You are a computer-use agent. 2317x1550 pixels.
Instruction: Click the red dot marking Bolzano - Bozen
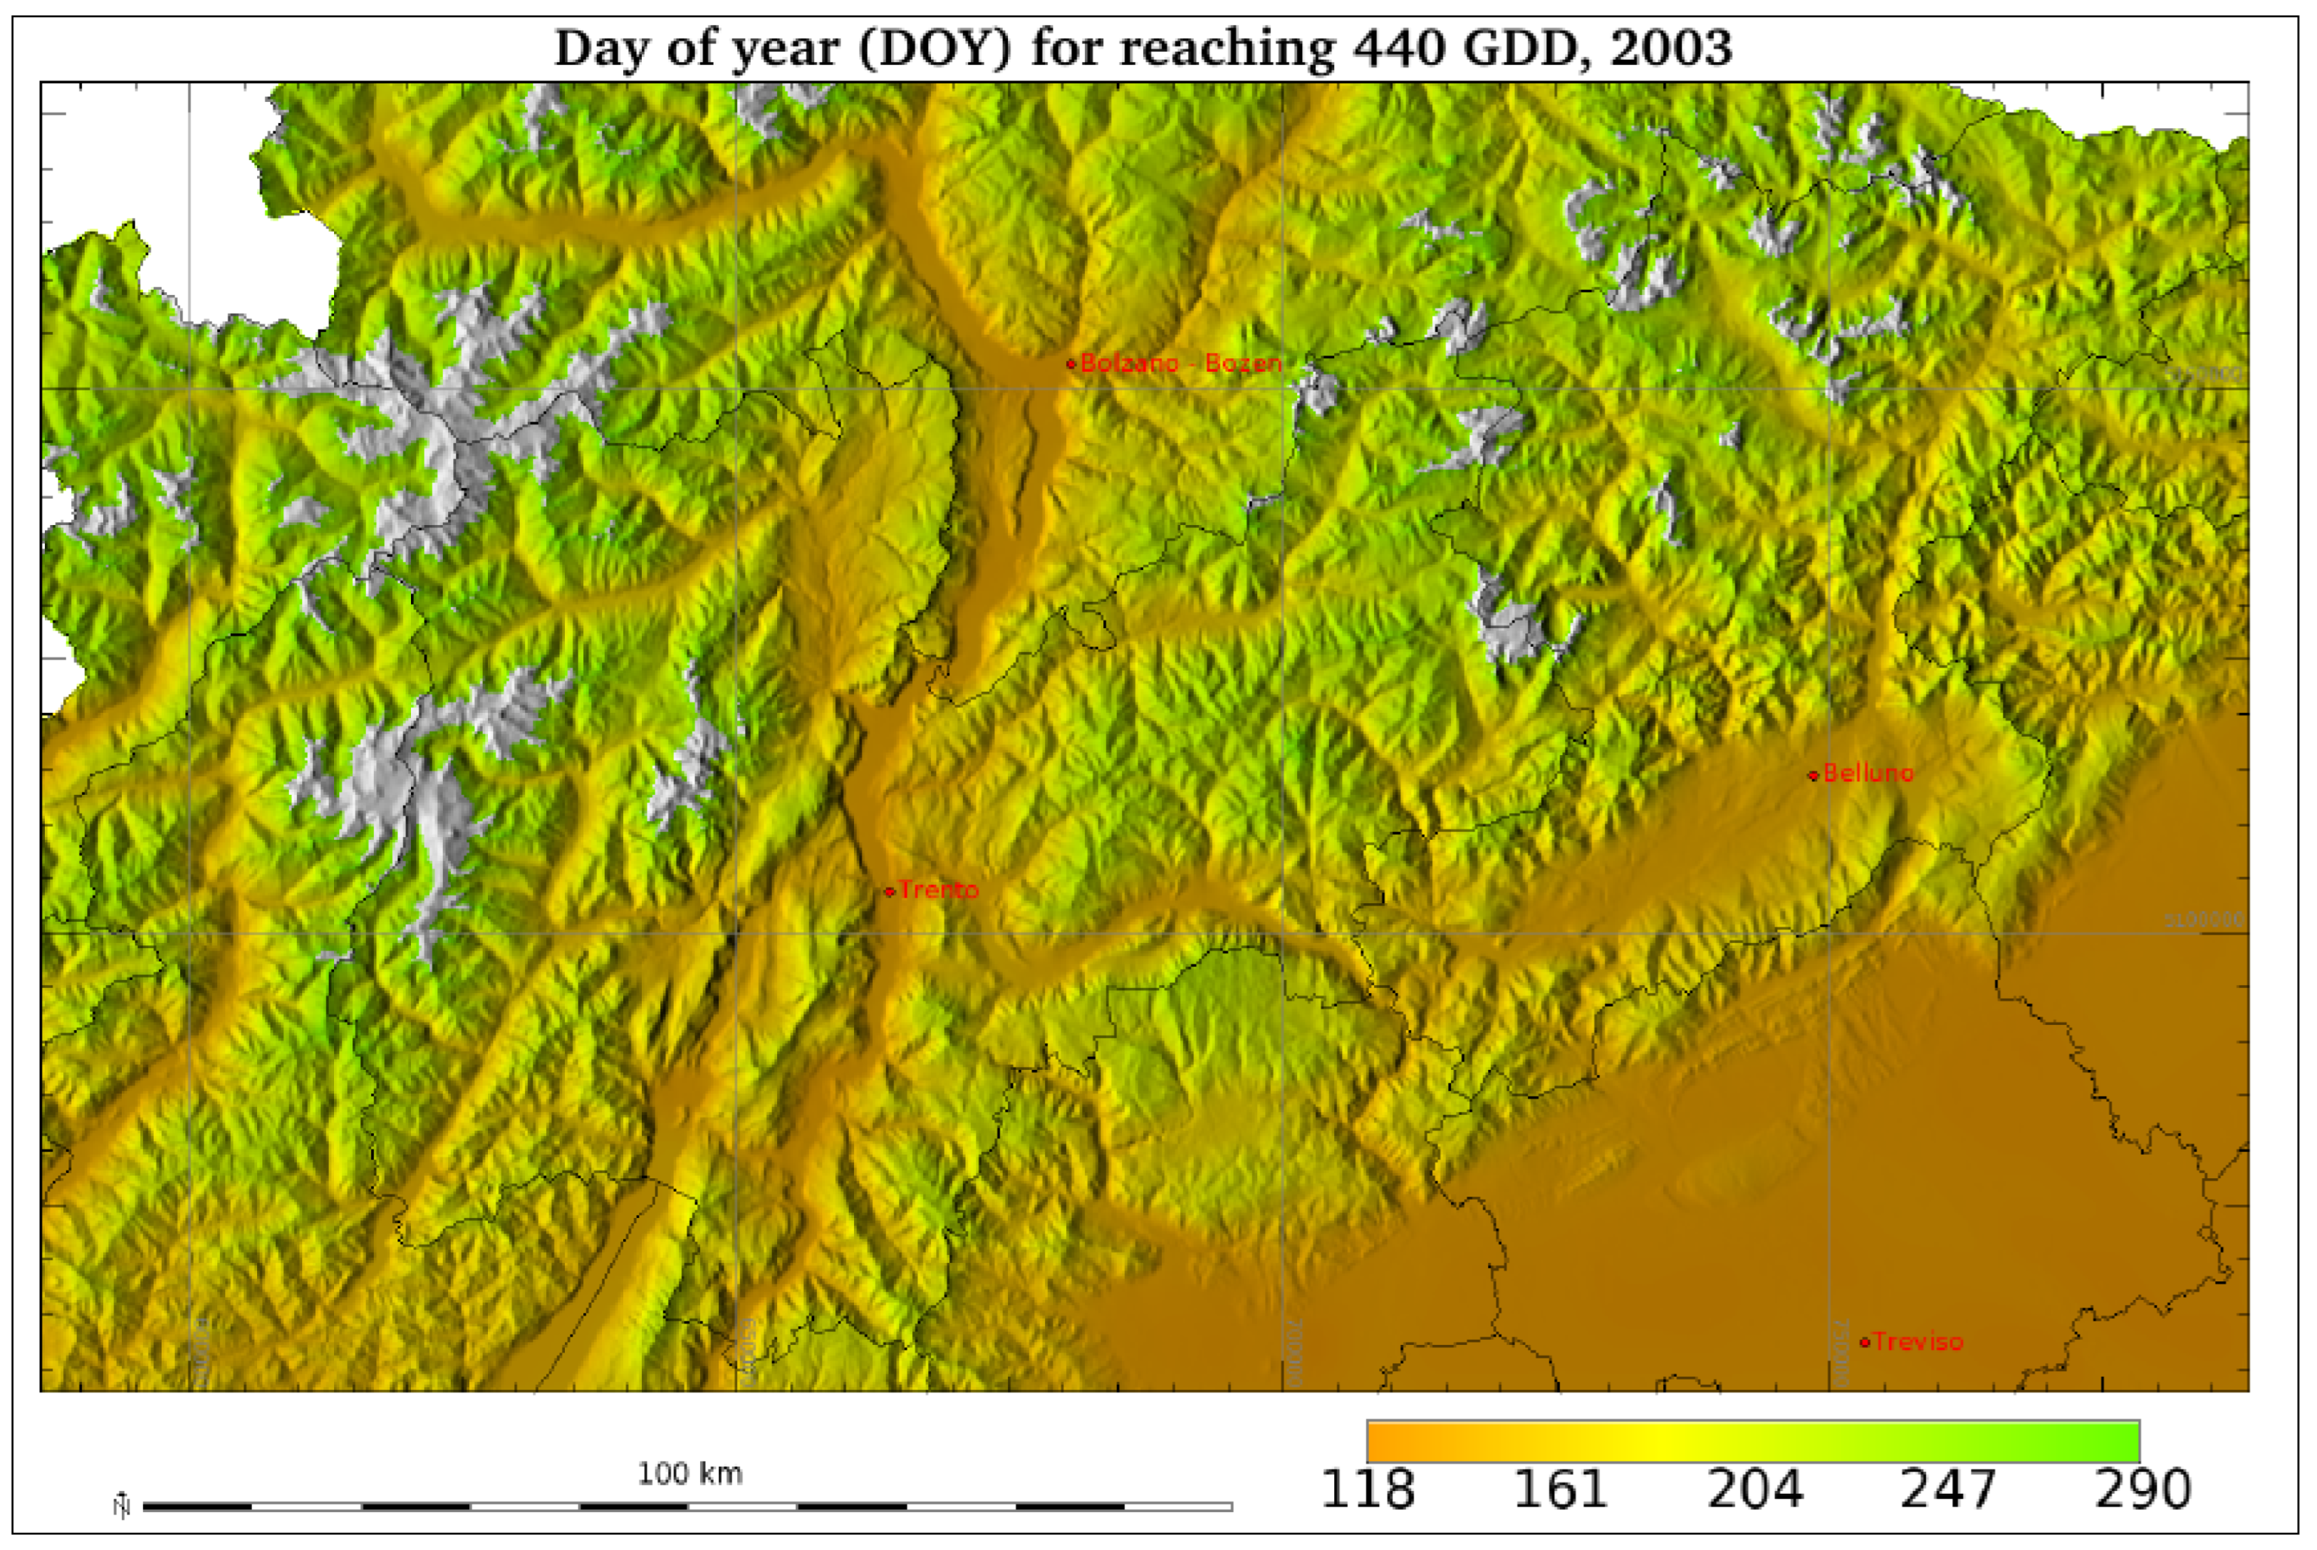click(x=1071, y=364)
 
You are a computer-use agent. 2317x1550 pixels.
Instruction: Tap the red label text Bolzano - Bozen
click(x=1181, y=363)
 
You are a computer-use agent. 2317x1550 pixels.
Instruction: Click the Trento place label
click(x=939, y=890)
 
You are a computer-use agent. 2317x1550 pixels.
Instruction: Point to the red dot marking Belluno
click(x=1813, y=775)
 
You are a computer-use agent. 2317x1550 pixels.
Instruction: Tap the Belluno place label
click(x=1868, y=773)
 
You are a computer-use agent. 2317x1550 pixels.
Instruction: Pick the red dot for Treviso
click(x=1864, y=1343)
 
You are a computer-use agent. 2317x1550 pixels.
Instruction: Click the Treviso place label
click(x=1917, y=1341)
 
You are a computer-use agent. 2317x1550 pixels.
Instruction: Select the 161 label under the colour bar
click(x=1561, y=1489)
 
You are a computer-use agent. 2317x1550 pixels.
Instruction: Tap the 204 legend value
click(x=1754, y=1489)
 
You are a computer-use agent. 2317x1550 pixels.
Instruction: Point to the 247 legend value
click(x=1948, y=1489)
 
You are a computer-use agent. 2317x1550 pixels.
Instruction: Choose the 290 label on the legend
click(x=2142, y=1489)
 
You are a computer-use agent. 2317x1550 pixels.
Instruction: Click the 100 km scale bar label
click(x=690, y=1474)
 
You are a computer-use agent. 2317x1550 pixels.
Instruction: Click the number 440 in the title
click(x=1401, y=48)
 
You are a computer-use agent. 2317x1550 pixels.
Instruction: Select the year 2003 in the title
click(x=1670, y=48)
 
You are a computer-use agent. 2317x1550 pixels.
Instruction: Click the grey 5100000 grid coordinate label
click(x=2204, y=920)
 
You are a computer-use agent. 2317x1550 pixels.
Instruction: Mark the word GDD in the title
click(x=1527, y=48)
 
